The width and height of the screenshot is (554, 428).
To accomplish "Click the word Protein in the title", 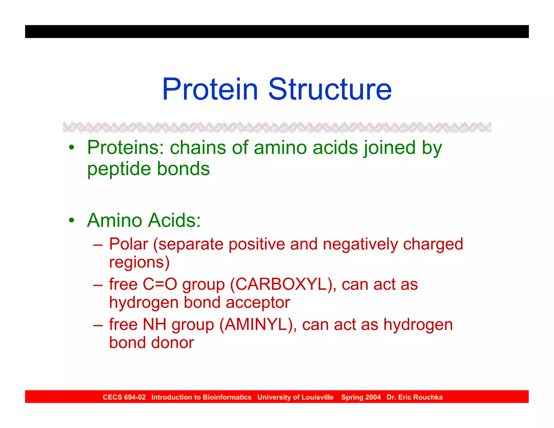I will pyautogui.click(x=210, y=89).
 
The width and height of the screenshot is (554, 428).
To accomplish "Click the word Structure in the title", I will pyautogui.click(x=330, y=89).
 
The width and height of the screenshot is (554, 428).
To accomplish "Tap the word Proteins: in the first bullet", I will pyautogui.click(x=125, y=148).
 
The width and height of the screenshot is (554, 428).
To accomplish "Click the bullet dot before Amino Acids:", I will pyautogui.click(x=71, y=220).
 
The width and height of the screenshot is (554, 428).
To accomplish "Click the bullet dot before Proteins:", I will pyautogui.click(x=71, y=148).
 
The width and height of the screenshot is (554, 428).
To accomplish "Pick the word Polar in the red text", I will pyautogui.click(x=128, y=244).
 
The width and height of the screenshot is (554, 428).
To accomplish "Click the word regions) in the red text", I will pyautogui.click(x=139, y=262).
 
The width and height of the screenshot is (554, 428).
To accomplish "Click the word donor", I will pyautogui.click(x=172, y=343).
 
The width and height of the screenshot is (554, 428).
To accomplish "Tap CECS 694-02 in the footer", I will pyautogui.click(x=124, y=397).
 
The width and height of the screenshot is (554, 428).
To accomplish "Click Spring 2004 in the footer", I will pyautogui.click(x=361, y=397).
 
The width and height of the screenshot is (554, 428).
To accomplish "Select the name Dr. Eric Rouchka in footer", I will pyautogui.click(x=414, y=397).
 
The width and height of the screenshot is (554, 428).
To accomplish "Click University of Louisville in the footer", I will pyautogui.click(x=295, y=397).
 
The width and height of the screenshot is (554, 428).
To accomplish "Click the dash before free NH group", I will pyautogui.click(x=98, y=325).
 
